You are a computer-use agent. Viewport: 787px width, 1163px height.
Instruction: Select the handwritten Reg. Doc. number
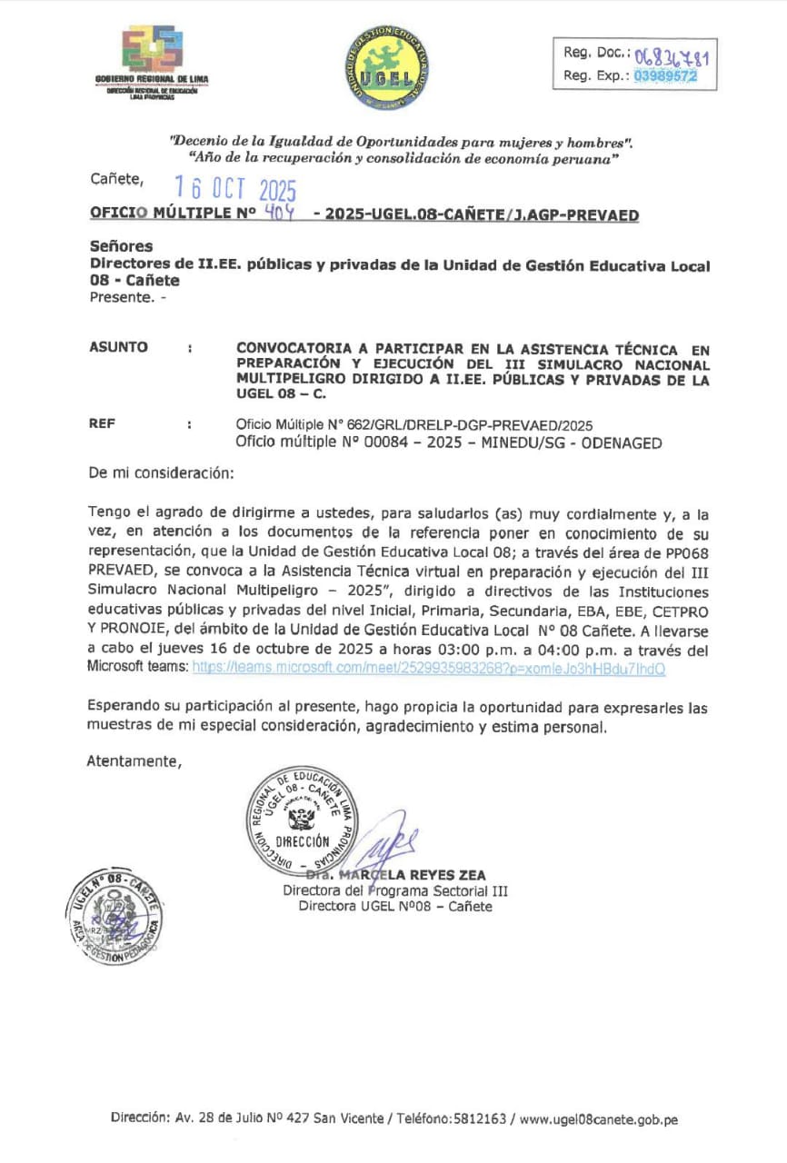(x=672, y=56)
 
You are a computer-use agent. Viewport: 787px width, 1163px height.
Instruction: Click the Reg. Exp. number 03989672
(x=666, y=77)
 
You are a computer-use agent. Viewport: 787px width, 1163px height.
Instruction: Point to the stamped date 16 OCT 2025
(x=235, y=188)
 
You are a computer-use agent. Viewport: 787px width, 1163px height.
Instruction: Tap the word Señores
(x=121, y=246)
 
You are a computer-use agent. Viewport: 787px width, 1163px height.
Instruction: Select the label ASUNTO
(x=118, y=347)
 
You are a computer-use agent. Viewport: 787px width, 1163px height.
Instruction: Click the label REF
(x=103, y=423)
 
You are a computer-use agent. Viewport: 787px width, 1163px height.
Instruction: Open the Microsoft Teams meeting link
(x=429, y=668)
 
